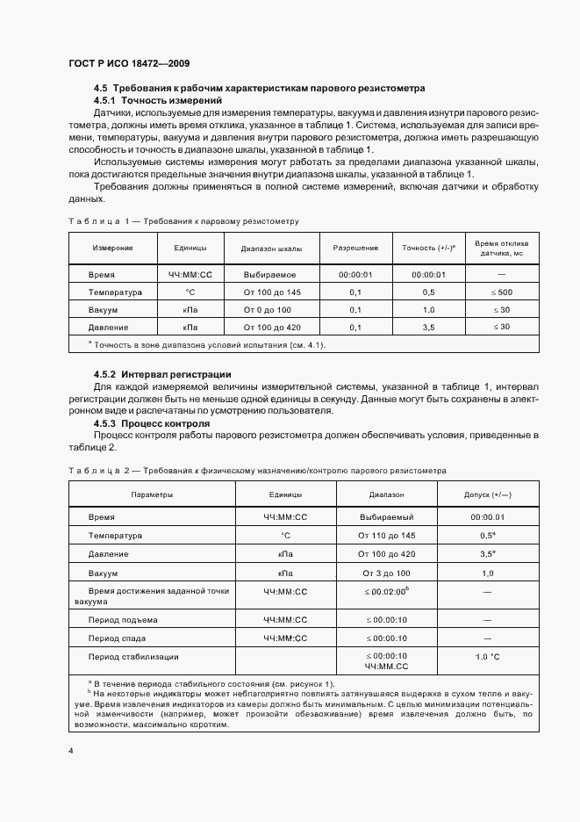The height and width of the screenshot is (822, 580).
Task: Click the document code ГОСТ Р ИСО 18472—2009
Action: click(x=129, y=64)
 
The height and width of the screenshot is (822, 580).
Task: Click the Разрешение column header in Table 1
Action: click(x=355, y=248)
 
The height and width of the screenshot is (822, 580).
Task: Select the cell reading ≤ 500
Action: click(x=501, y=292)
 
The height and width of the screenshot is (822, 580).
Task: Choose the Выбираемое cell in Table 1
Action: click(x=271, y=275)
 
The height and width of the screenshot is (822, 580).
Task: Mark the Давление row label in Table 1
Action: click(x=111, y=327)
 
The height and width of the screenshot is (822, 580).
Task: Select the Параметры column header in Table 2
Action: click(x=152, y=494)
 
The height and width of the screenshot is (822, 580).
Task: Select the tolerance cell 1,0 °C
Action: click(x=487, y=656)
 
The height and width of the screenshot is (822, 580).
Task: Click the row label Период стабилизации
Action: click(x=133, y=656)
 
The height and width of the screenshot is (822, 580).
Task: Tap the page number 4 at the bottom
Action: click(x=71, y=752)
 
